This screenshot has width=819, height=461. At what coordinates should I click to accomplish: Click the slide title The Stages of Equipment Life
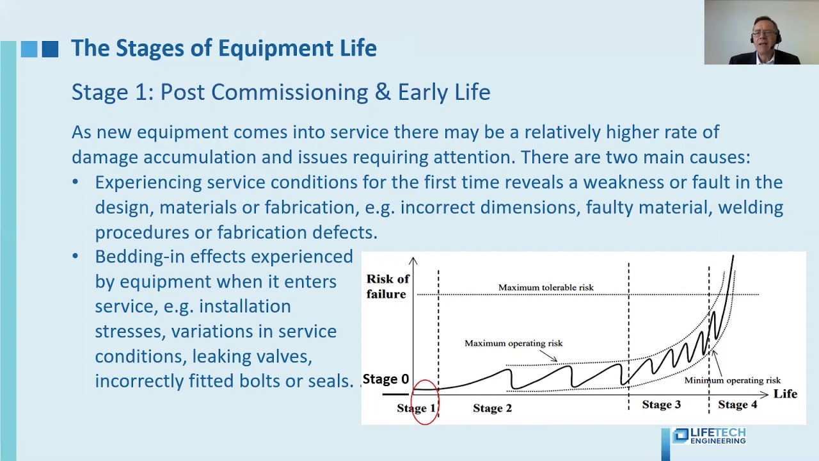click(223, 49)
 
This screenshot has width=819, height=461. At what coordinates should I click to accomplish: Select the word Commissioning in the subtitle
click(289, 92)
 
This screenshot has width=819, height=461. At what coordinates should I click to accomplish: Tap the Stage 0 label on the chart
click(385, 379)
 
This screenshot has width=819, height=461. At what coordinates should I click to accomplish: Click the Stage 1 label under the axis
click(416, 408)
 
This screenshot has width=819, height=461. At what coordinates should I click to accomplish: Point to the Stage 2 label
click(492, 408)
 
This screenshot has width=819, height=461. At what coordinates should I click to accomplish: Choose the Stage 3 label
click(662, 405)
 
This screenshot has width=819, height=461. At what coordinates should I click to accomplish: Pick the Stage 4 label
click(737, 405)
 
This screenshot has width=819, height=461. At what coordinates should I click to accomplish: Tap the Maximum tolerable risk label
click(546, 287)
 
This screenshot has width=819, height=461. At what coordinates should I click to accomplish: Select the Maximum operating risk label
click(513, 343)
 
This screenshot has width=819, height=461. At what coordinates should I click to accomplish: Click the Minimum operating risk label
click(732, 380)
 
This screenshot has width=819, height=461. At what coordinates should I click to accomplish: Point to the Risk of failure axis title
click(387, 286)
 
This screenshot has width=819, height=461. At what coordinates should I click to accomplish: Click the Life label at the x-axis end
click(785, 394)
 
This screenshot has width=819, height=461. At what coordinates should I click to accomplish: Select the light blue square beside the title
click(29, 49)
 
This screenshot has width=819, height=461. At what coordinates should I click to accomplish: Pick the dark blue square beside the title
click(50, 49)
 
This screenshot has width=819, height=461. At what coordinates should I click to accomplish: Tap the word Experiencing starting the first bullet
click(148, 182)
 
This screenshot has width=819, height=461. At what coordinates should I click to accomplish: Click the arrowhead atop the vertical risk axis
click(413, 260)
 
